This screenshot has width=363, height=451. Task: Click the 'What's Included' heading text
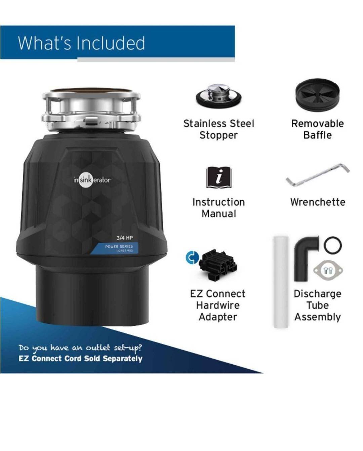pyautogui.click(x=82, y=43)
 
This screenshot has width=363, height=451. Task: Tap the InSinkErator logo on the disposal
pyautogui.click(x=92, y=180)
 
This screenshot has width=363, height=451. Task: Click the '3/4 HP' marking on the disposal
pyautogui.click(x=125, y=238)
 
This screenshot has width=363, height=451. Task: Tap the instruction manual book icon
pyautogui.click(x=219, y=177)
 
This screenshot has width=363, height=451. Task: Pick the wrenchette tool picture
pyautogui.click(x=317, y=174)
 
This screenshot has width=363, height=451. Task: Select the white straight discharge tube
pyautogui.click(x=281, y=282)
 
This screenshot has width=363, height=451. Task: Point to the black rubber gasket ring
pyautogui.click(x=333, y=245)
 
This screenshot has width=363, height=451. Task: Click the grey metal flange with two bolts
pyautogui.click(x=328, y=270)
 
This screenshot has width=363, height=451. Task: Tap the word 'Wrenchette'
pyautogui.click(x=318, y=202)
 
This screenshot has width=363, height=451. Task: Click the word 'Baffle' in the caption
pyautogui.click(x=318, y=135)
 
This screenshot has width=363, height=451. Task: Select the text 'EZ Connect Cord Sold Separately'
pyautogui.click(x=80, y=358)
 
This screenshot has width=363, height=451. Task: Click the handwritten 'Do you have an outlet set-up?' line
pyautogui.click(x=80, y=348)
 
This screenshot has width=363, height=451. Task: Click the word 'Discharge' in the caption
pyautogui.click(x=318, y=294)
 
